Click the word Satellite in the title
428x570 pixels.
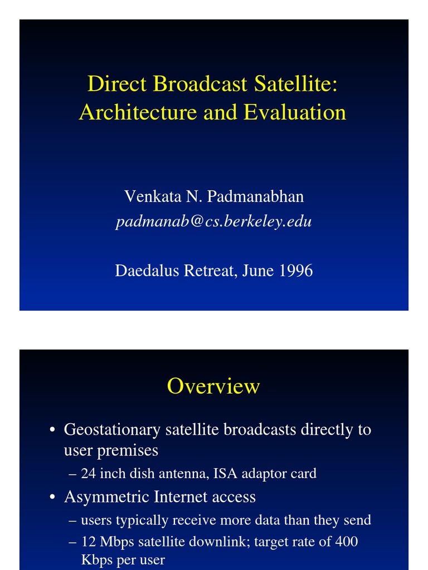pyautogui.click(x=296, y=84)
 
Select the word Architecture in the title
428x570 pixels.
pyautogui.click(x=138, y=112)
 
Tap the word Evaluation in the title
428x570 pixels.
pyautogui.click(x=295, y=112)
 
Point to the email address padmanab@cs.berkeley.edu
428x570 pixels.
pyautogui.click(x=213, y=222)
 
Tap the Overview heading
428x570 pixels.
pyautogui.click(x=213, y=386)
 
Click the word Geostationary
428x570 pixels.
pyautogui.click(x=111, y=430)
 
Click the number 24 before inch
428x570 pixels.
pyautogui.click(x=88, y=474)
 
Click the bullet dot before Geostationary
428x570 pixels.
pyautogui.click(x=52, y=430)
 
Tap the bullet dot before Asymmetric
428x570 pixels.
pyautogui.click(x=52, y=497)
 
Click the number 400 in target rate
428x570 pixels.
pyautogui.click(x=346, y=541)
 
